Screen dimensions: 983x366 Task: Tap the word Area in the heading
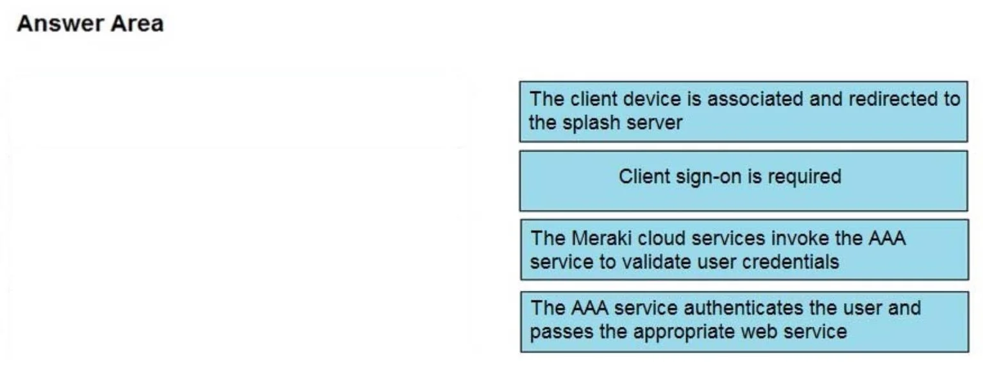point(137,23)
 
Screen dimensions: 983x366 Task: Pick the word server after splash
point(654,123)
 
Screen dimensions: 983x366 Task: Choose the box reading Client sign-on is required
point(744,181)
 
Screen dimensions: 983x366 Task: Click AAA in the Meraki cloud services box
point(887,239)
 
